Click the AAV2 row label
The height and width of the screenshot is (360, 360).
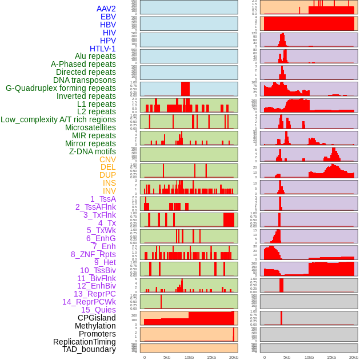[106, 9]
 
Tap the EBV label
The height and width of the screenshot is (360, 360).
[108, 17]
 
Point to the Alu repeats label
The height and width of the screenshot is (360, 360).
[95, 56]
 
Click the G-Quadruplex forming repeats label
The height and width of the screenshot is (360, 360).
[61, 88]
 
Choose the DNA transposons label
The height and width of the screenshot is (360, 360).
[85, 80]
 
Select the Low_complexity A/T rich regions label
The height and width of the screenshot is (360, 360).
[58, 119]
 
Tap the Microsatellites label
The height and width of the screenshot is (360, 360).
[90, 127]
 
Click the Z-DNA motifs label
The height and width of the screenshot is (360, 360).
[93, 151]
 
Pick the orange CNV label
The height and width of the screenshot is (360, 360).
[107, 159]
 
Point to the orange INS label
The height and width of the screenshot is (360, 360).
[109, 183]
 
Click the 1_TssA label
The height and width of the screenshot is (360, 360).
[103, 199]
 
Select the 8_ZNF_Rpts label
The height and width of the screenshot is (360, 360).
[93, 254]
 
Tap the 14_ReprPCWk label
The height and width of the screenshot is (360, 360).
[89, 302]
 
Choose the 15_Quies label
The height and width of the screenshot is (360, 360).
[98, 310]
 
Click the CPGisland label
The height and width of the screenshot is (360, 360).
[97, 318]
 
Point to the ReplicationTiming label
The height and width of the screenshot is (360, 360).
[84, 342]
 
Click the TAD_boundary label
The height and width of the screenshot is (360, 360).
[89, 349]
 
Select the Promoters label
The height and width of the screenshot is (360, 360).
[97, 334]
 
